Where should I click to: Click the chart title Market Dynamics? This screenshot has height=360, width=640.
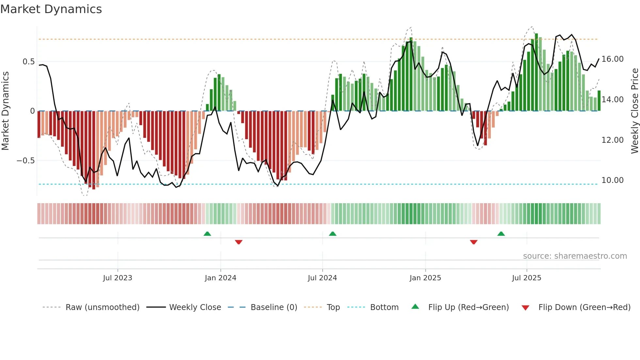click(51, 9)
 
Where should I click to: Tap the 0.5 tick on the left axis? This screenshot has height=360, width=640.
click(28, 62)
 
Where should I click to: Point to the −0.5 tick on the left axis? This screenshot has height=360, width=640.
click(25, 161)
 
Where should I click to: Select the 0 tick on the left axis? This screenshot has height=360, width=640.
click(32, 111)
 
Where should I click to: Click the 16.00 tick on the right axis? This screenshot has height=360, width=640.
click(612, 59)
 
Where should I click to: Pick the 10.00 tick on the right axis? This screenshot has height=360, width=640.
click(612, 180)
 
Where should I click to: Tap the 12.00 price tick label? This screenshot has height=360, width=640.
click(612, 140)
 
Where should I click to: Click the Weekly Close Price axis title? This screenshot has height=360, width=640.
click(634, 111)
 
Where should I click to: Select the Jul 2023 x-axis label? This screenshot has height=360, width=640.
click(118, 278)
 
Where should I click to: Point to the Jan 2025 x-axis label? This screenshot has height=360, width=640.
click(425, 278)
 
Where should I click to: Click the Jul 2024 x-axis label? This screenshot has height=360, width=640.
click(322, 278)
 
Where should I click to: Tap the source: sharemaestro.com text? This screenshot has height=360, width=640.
click(575, 256)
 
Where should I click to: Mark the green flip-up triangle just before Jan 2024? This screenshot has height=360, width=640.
click(207, 234)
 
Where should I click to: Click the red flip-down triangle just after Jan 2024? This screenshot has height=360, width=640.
click(239, 242)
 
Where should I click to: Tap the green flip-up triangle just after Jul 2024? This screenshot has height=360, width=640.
click(332, 234)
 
